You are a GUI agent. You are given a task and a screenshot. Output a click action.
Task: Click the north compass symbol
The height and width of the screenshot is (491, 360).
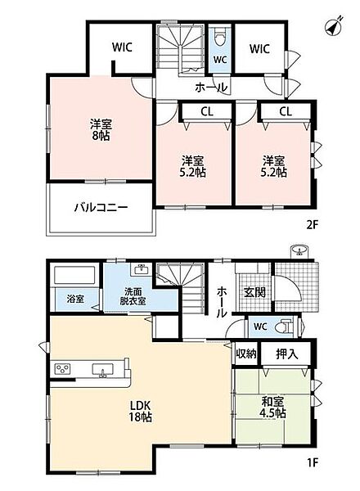point(334,26)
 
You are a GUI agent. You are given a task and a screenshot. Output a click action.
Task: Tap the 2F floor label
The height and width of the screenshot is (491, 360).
point(312,224)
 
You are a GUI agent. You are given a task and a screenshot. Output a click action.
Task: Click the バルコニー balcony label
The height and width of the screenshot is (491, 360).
point(101,207)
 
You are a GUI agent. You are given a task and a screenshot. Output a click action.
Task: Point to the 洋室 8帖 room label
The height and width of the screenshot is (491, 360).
point(101,129)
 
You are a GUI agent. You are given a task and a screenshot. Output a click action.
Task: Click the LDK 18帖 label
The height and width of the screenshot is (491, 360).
point(141,411)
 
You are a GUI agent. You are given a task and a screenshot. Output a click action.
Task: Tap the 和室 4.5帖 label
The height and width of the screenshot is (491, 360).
point(273,407)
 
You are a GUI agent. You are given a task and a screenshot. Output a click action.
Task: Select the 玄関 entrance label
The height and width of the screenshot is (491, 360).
point(254,292)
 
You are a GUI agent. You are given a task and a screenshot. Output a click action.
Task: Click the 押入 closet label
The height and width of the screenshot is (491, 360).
point(286,354)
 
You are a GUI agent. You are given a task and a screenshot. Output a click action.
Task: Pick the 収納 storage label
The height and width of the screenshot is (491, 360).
point(246,354)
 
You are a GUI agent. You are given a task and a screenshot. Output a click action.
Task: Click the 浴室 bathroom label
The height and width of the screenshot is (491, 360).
point(75,299)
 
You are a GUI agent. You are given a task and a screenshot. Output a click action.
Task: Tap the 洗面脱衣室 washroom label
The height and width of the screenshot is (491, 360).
point(133,296)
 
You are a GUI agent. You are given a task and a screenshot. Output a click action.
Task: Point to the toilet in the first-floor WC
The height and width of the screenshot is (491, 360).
point(284,326)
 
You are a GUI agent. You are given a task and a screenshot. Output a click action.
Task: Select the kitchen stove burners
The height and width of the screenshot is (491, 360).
point(63,368)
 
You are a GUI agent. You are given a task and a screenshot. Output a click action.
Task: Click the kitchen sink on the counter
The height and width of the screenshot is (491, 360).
point(102,370)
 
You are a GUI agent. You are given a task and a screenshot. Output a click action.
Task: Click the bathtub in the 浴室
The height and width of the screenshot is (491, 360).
point(74,275)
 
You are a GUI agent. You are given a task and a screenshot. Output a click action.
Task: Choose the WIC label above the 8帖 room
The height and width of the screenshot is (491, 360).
point(123,47)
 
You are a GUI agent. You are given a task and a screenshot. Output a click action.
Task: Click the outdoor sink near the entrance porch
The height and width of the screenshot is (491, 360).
point(299,251)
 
